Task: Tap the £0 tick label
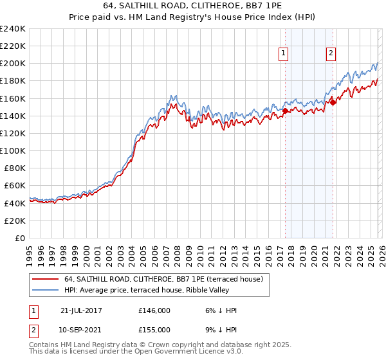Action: (20, 238)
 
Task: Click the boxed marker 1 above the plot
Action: (284, 54)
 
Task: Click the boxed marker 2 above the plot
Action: (331, 54)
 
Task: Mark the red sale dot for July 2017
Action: (285, 111)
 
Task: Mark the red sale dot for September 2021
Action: (333, 102)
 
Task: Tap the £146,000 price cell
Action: (154, 310)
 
